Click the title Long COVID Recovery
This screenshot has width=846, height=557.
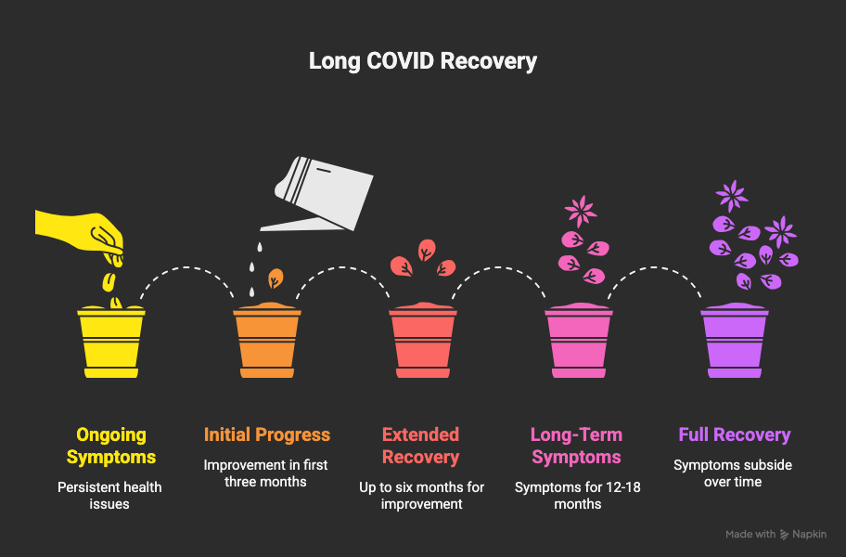coord(422,61)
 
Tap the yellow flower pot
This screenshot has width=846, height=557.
coord(111,341)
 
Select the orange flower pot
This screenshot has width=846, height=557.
coord(267,341)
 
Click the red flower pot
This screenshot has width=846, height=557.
coord(423,341)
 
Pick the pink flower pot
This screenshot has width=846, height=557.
coord(579,341)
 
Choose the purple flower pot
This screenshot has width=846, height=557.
coord(735,341)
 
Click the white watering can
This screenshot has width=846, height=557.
coord(317,194)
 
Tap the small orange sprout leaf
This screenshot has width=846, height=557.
coord(276,278)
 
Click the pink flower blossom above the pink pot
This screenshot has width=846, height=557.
coord(581,211)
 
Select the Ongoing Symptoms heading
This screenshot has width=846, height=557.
coord(111,446)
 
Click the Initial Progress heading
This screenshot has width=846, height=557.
coord(267,434)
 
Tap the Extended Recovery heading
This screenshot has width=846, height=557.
coord(421,446)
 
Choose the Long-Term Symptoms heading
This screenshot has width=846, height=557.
coord(576,446)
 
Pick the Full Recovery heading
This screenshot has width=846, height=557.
coord(735,434)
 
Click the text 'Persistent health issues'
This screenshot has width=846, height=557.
coord(109,496)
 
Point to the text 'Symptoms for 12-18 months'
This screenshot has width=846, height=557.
coord(577,496)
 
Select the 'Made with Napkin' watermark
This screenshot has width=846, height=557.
coord(775,535)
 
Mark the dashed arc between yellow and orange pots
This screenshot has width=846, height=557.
coord(186,267)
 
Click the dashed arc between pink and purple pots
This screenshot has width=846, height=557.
coord(655,267)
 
